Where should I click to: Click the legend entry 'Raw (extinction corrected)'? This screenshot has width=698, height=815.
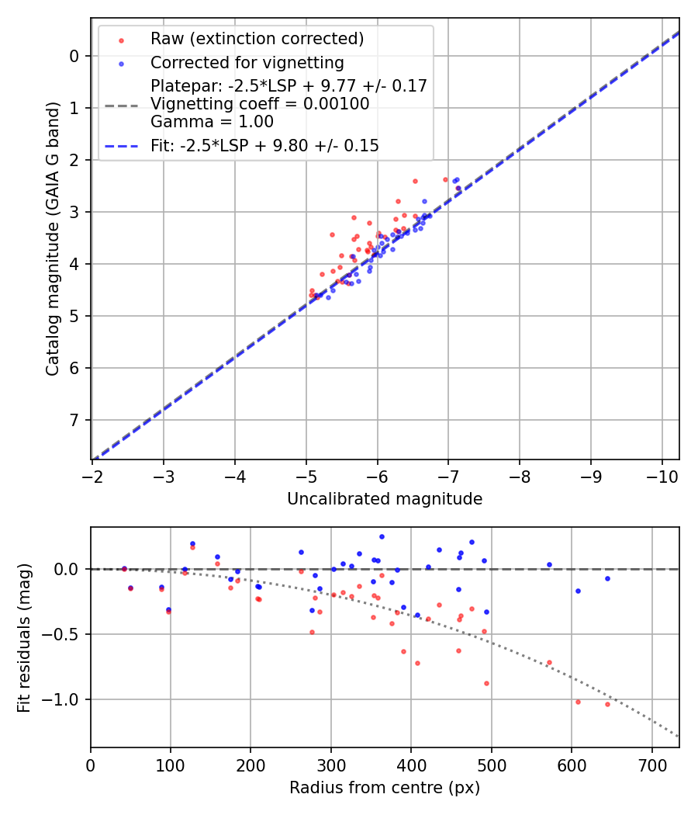click(257, 39)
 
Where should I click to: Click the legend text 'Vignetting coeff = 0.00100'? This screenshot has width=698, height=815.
click(260, 104)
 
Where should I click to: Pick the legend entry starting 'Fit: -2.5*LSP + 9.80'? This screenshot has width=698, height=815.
click(264, 145)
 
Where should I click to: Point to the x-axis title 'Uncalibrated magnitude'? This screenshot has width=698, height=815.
click(385, 499)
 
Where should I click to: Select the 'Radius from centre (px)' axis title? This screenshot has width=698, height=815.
click(385, 788)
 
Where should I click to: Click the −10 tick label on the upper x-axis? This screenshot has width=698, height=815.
click(662, 475)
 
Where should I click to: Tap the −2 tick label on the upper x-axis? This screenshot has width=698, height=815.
click(92, 475)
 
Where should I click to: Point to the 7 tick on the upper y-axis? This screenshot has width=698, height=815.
click(74, 420)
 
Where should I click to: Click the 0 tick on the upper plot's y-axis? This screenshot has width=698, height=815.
click(74, 56)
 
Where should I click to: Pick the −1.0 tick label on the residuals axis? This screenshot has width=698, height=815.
click(64, 699)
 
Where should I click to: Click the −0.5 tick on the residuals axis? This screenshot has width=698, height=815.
click(64, 634)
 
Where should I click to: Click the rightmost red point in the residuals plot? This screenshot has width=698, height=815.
click(607, 704)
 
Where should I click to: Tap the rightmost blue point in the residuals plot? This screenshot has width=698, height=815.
click(607, 578)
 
